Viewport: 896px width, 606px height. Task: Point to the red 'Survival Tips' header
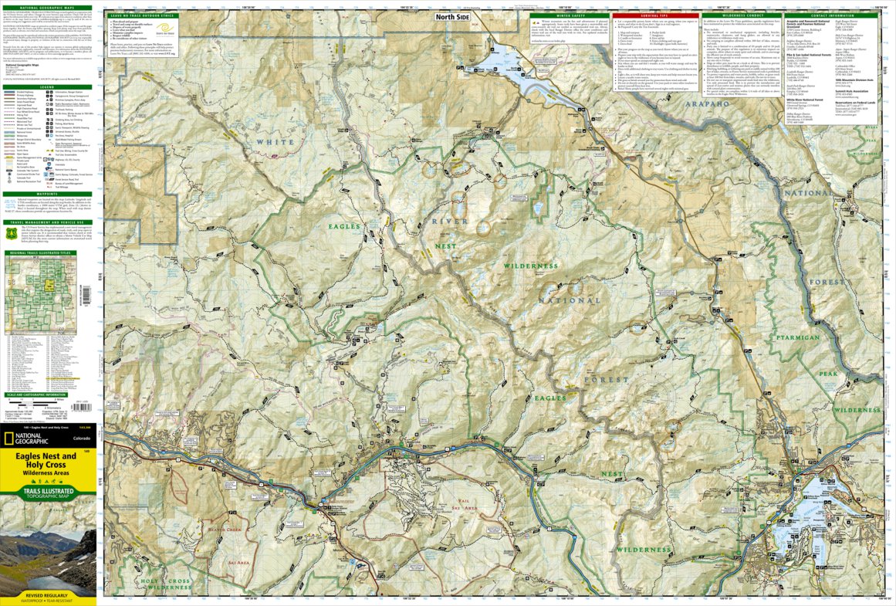655,15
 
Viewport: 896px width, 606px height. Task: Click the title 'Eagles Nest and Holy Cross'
49,461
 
